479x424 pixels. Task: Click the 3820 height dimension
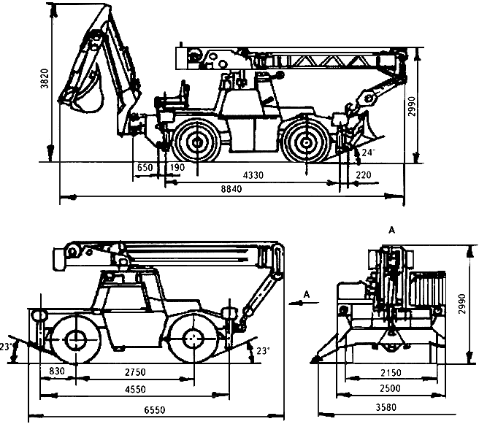coord(45,78)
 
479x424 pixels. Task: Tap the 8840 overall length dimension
coord(231,189)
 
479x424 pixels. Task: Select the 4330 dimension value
coord(253,175)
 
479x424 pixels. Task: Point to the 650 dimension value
coord(145,168)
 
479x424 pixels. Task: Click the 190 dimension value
coord(177,167)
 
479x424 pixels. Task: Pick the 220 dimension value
coord(364,175)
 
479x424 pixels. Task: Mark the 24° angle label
coord(369,152)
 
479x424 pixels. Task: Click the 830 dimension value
coord(57,371)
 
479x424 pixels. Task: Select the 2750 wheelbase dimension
coord(135,372)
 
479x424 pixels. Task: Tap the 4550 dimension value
coord(135,390)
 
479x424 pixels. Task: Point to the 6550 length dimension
coord(155,409)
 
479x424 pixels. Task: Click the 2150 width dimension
coord(391,373)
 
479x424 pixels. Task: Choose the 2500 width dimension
coord(390,388)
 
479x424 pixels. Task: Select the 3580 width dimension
coord(386,407)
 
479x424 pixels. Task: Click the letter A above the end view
coord(391,230)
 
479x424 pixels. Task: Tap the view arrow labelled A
coord(304,303)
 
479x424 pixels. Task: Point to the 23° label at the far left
coord(6,347)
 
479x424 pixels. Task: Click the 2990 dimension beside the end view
coord(462,304)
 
